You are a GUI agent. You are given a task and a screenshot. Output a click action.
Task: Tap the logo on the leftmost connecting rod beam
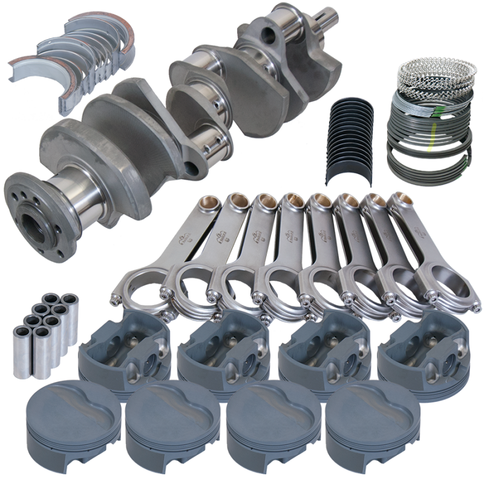(186, 243)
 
